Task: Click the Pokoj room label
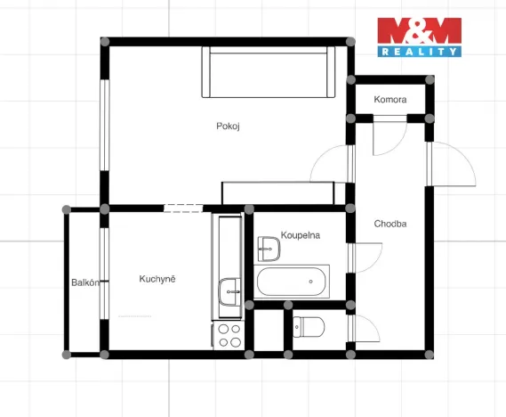228,126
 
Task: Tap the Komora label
390,100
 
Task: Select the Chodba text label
390,224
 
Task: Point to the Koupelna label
301,235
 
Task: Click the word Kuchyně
157,279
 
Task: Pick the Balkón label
85,282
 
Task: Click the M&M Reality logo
419,37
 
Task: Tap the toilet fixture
309,327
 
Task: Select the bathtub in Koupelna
292,282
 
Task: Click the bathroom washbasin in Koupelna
269,249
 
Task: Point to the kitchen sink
229,292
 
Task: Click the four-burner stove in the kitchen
229,336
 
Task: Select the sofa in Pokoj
269,72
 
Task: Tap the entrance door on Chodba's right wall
451,164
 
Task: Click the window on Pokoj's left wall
105,125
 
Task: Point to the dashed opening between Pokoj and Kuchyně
183,208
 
